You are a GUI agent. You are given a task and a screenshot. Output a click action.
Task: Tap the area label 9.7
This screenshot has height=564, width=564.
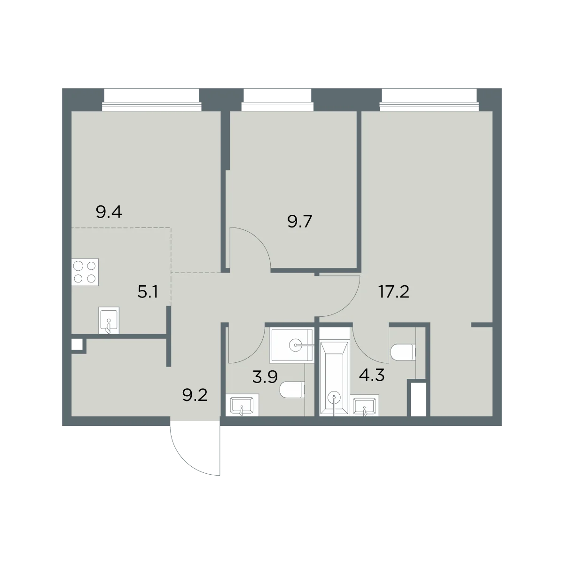pos(300,221)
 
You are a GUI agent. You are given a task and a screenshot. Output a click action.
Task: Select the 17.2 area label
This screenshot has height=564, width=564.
pos(394,292)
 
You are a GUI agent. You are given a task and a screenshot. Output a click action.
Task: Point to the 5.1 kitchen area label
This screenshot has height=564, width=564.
pos(148,292)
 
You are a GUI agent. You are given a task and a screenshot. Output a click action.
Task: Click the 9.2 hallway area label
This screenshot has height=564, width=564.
pos(195,395)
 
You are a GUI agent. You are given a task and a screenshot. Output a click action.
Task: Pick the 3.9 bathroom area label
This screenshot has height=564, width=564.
pos(265,377)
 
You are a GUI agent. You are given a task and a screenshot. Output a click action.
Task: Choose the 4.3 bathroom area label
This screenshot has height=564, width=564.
pos(371,375)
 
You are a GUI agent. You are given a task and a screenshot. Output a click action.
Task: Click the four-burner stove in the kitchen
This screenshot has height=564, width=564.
pos(85,272)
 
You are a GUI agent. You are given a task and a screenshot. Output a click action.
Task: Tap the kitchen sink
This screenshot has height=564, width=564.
pos(109,320)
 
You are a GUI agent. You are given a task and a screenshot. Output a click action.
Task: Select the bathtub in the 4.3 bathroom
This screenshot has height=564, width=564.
pos(334,378)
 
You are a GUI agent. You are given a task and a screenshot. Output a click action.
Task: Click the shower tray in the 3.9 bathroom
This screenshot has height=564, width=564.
pos(291,345)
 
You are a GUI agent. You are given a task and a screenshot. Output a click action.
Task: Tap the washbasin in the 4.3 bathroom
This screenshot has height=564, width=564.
pos(366,405)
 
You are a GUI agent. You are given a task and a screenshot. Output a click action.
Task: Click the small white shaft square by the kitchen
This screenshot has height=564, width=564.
pos(77,344)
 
